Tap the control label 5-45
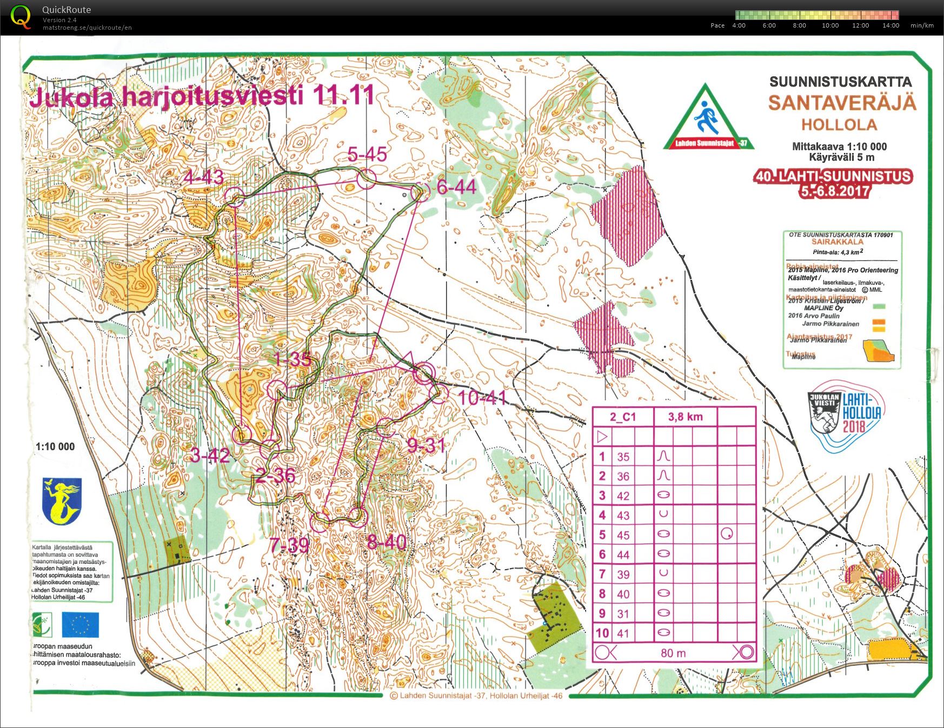tap(367, 155)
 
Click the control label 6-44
tap(456, 188)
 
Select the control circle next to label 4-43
tap(235, 197)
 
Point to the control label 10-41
tap(482, 398)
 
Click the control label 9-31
tap(426, 445)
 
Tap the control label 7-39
tap(290, 545)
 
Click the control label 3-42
tap(210, 456)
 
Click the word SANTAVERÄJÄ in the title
tap(842, 103)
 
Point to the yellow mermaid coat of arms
tap(62, 500)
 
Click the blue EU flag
tap(81, 625)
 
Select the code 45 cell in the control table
tap(623, 535)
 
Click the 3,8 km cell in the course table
tap(685, 416)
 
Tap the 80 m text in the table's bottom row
tap(673, 653)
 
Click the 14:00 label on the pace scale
tap(890, 25)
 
